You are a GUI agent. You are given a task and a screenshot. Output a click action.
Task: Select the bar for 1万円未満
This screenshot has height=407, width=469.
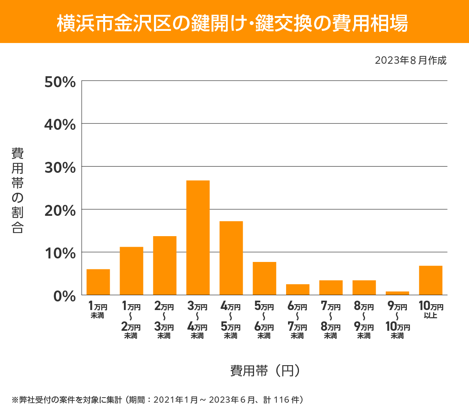click(98, 282)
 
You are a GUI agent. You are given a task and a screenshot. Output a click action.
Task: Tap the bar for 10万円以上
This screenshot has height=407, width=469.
click(430, 280)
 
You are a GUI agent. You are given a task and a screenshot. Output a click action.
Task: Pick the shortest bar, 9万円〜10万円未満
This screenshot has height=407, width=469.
click(397, 293)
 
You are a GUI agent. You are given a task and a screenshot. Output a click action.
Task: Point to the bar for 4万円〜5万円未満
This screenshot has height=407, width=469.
click(231, 258)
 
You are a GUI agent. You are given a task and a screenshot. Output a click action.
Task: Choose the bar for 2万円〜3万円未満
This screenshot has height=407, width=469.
click(165, 265)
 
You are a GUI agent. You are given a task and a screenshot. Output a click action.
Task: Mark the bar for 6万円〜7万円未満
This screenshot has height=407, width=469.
click(297, 289)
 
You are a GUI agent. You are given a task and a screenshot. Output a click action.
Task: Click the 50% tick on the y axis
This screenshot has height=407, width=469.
click(60, 82)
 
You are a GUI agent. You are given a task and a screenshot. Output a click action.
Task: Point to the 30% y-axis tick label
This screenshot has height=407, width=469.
click(60, 168)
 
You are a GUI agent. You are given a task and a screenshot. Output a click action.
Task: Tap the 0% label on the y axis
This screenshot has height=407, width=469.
click(64, 296)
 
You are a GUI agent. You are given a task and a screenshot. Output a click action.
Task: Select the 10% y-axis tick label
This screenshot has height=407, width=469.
click(60, 253)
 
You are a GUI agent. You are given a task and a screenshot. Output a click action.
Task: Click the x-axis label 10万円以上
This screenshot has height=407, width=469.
click(431, 310)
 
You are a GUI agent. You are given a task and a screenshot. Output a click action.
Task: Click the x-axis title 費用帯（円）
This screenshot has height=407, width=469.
click(265, 370)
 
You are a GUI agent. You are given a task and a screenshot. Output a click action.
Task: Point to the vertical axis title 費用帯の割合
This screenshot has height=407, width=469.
click(18, 190)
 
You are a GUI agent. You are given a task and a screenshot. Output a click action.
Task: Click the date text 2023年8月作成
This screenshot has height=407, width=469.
click(410, 61)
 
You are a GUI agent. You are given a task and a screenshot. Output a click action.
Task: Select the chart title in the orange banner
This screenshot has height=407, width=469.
click(233, 23)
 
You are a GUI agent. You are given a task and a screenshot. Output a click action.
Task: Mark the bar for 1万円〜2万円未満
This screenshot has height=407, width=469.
click(131, 271)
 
